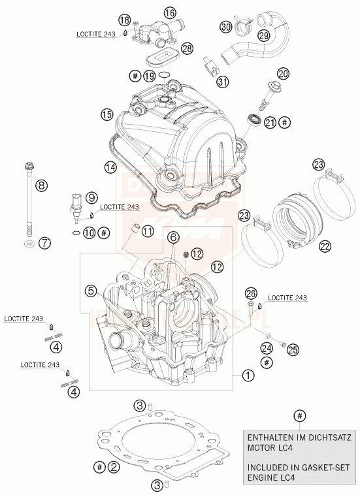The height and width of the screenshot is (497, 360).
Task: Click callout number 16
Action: (170, 13)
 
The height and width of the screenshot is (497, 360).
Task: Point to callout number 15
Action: (107, 115)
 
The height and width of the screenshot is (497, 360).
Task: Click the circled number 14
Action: (110, 168)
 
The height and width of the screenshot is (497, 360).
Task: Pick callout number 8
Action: (42, 185)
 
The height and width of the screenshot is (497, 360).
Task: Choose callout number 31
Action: (223, 82)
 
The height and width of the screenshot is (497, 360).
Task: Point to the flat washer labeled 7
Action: (28, 244)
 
